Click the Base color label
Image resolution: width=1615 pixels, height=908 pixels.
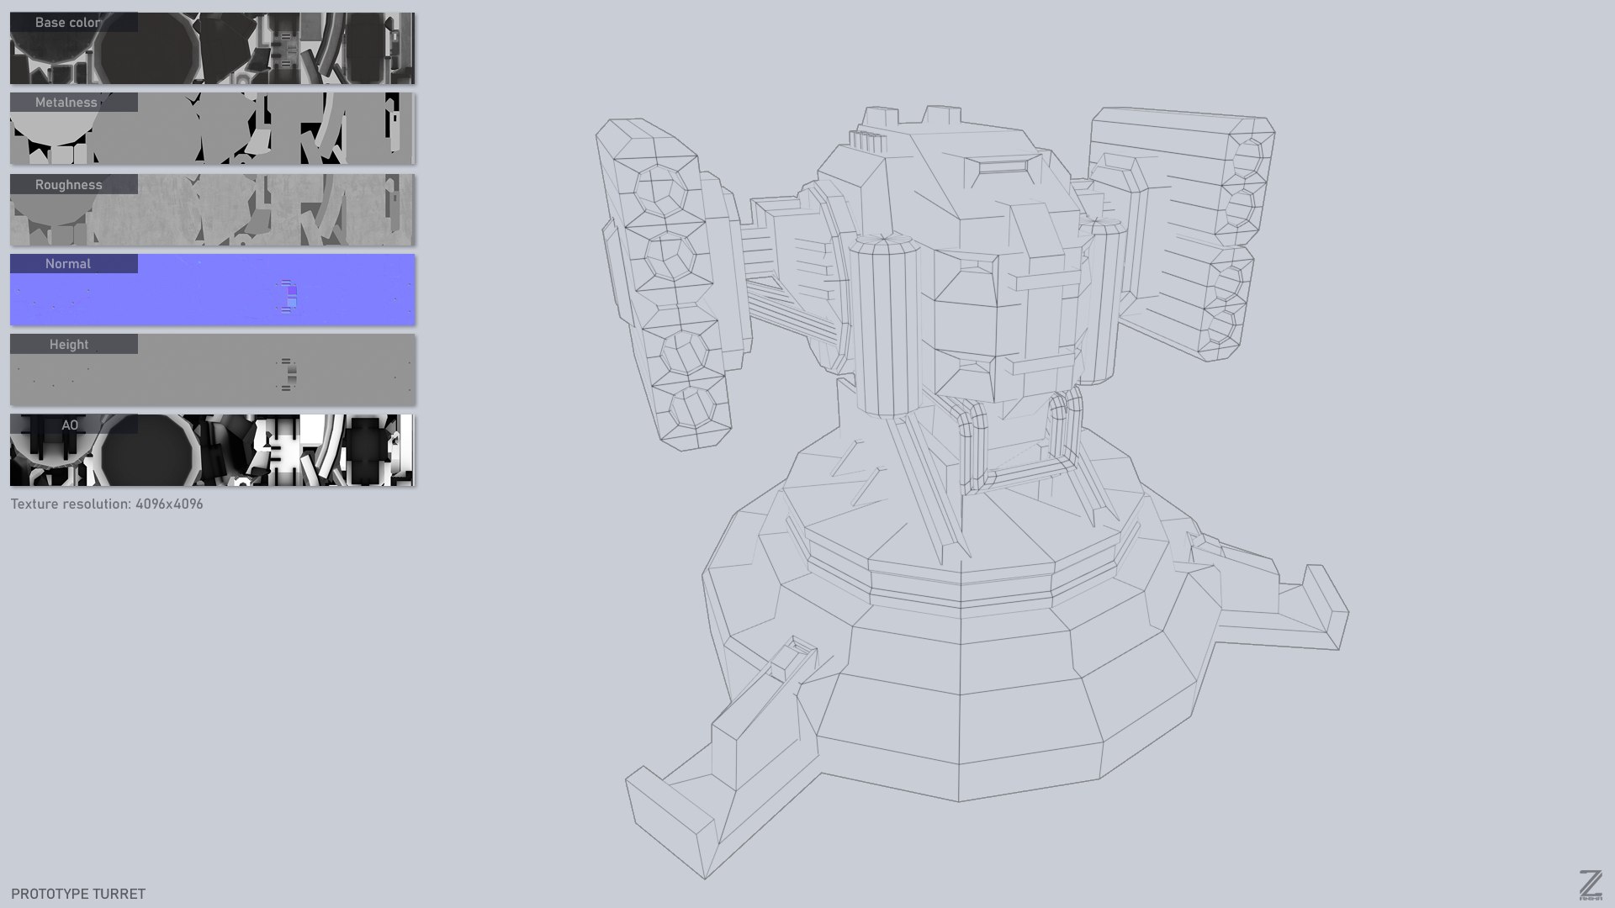click(x=68, y=23)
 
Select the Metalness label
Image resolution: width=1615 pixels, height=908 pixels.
click(x=66, y=103)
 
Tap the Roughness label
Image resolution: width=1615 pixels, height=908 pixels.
click(x=68, y=185)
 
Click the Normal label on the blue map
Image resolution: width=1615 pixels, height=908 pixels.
click(x=68, y=264)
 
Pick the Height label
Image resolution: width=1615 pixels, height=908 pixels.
click(x=68, y=345)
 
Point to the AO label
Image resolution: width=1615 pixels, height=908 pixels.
click(x=70, y=425)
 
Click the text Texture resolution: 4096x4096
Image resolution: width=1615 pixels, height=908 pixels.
click(x=107, y=504)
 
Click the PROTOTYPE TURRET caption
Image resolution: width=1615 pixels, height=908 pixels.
click(x=78, y=894)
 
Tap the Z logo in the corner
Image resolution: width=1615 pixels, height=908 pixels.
click(x=1590, y=884)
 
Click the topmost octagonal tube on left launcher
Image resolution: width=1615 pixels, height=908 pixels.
click(x=658, y=188)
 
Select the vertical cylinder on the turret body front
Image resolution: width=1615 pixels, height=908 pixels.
click(x=883, y=328)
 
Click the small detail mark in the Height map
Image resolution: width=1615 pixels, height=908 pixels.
click(x=288, y=374)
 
